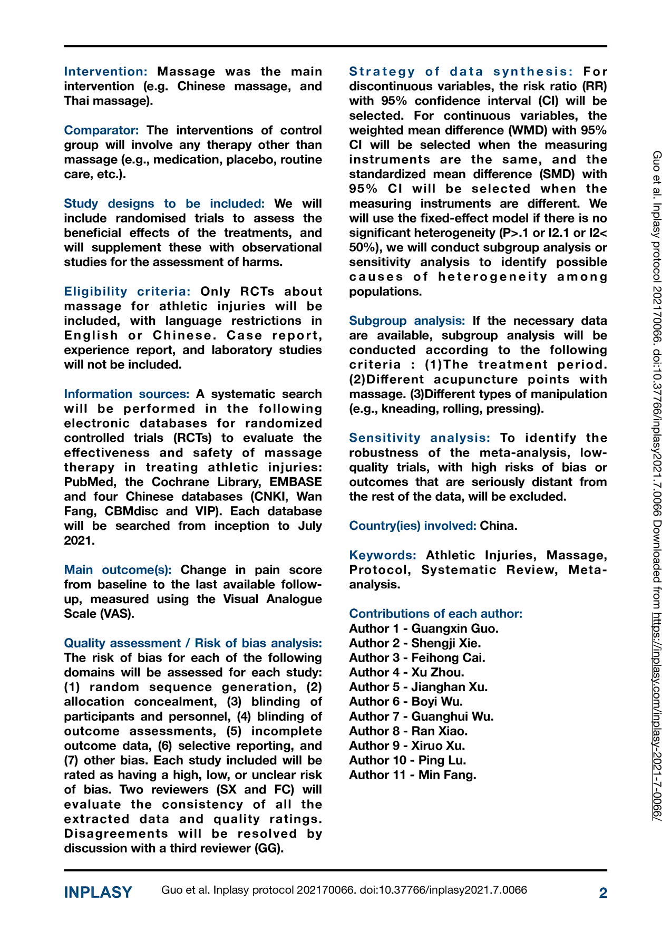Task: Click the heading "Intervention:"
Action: click(105, 72)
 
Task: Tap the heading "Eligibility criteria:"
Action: click(127, 292)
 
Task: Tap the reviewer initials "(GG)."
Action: click(269, 848)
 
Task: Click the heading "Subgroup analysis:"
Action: click(407, 321)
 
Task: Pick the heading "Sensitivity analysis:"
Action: click(420, 438)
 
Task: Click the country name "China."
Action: click(499, 526)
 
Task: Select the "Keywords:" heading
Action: click(383, 555)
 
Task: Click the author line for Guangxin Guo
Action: click(424, 628)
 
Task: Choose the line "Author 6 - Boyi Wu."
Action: click(406, 702)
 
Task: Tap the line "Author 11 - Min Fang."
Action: click(413, 775)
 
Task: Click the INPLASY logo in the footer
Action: click(98, 893)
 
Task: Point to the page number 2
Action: click(603, 893)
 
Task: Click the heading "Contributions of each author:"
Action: click(435, 614)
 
